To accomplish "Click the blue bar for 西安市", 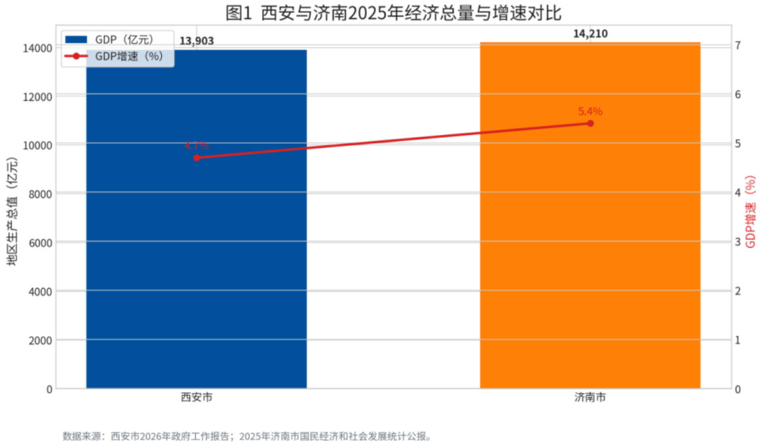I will pyautogui.click(x=196, y=262).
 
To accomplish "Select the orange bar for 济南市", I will pyautogui.click(x=590, y=262).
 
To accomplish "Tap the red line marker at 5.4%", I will pyautogui.click(x=590, y=123).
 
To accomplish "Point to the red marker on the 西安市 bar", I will pyautogui.click(x=197, y=157).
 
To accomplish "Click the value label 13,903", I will pyautogui.click(x=197, y=41).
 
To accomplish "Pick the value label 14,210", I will pyautogui.click(x=590, y=33).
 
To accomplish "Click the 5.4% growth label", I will pyautogui.click(x=590, y=111).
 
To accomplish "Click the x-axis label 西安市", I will pyautogui.click(x=197, y=397).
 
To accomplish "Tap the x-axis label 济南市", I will pyautogui.click(x=590, y=397).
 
